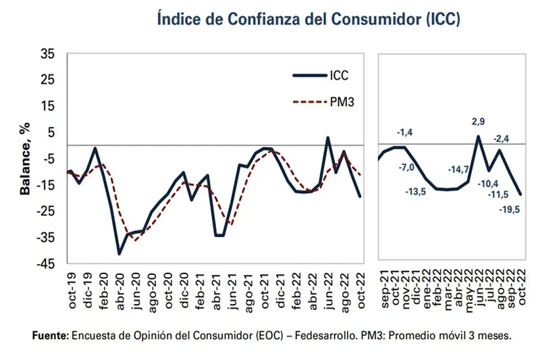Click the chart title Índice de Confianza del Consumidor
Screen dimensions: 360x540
point(308,18)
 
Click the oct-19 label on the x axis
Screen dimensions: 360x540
point(72,290)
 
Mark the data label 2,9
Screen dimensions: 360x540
point(479,122)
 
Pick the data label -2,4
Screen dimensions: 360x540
point(503,138)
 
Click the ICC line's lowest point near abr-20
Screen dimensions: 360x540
point(119,253)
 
